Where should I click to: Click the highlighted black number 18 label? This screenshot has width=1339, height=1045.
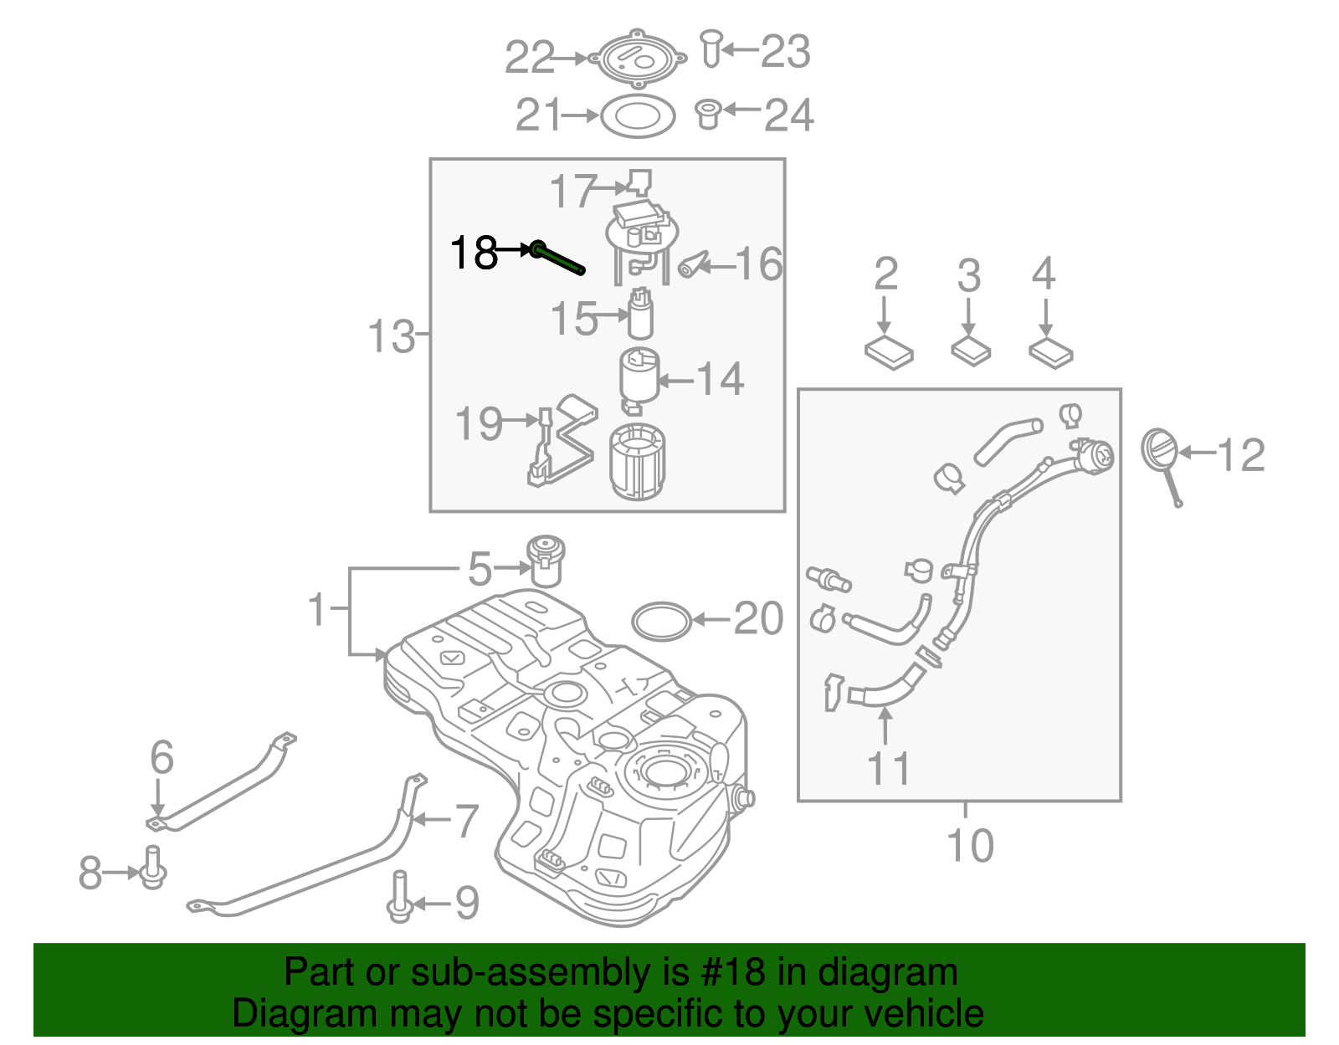(x=474, y=252)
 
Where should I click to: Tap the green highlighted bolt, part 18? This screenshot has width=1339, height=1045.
(x=557, y=258)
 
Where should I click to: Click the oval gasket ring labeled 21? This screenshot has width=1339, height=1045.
(x=638, y=116)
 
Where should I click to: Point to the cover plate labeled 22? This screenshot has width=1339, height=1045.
(x=638, y=59)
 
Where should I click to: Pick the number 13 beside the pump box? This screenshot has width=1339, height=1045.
(x=391, y=336)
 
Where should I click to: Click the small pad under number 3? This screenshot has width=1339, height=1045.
(x=971, y=350)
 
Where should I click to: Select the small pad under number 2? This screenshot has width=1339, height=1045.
(x=889, y=352)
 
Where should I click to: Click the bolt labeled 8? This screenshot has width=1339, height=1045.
(x=152, y=868)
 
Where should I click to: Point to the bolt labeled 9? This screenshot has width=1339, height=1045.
(x=399, y=896)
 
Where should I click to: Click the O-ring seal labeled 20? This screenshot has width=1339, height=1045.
(x=661, y=622)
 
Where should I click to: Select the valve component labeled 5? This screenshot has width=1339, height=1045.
(x=546, y=560)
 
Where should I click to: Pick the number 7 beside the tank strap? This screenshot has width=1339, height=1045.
(x=465, y=821)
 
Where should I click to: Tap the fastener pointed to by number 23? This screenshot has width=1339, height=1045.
(x=711, y=48)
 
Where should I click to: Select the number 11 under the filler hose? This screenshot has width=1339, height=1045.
(x=888, y=768)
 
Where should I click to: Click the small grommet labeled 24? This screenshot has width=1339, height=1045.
(x=708, y=114)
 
